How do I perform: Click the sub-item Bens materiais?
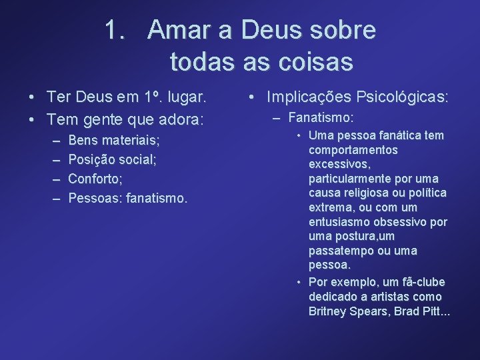pos(114,141)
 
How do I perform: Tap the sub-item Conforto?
pos(95,179)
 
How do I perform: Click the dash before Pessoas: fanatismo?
pos(55,198)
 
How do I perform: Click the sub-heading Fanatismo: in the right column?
pos(321,118)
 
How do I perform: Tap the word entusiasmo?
pos(340,222)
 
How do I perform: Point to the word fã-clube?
pos(419,282)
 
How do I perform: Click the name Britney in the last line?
pos(328,311)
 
